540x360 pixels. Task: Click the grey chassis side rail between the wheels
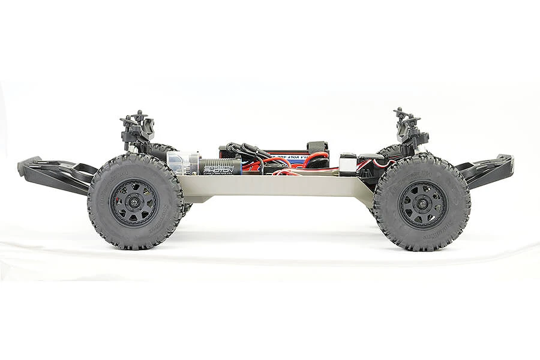click(276, 186)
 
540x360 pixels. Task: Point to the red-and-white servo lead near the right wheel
click(378, 162)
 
